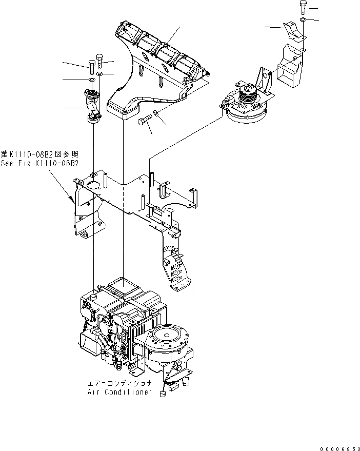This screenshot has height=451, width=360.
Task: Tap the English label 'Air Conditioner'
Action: point(119,392)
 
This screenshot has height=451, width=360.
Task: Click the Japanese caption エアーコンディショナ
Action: point(119,383)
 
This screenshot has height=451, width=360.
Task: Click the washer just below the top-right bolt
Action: point(304,20)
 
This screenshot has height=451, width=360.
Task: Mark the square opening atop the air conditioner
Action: point(123,282)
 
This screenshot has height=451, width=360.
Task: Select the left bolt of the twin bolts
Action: point(91,65)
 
